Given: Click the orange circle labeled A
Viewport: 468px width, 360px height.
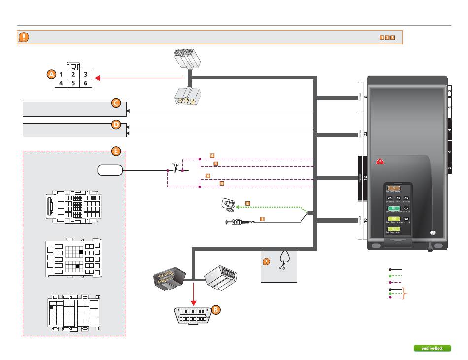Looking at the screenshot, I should coord(51,74).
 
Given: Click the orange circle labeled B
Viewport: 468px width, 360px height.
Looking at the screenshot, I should coord(215,310).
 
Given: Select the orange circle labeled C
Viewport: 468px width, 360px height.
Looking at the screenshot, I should coord(115,103).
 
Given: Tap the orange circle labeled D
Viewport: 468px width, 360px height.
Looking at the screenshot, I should coord(116,125).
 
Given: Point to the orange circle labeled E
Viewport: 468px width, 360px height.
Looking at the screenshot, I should coord(115,151).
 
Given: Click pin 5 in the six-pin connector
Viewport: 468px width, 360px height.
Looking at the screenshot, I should coord(73,83).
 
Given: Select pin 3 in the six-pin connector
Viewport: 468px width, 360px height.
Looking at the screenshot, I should coord(85,75).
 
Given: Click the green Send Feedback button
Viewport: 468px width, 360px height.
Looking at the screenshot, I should coord(432,348).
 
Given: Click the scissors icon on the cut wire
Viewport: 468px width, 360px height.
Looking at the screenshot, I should coord(175,167).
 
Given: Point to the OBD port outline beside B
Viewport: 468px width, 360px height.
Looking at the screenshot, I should coord(193,316).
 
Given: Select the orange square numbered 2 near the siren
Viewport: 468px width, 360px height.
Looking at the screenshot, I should coord(247,203).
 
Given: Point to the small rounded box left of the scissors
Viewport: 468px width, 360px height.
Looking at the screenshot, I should coord(109,170).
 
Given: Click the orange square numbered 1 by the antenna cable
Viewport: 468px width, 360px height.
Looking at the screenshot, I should coord(262,219).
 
